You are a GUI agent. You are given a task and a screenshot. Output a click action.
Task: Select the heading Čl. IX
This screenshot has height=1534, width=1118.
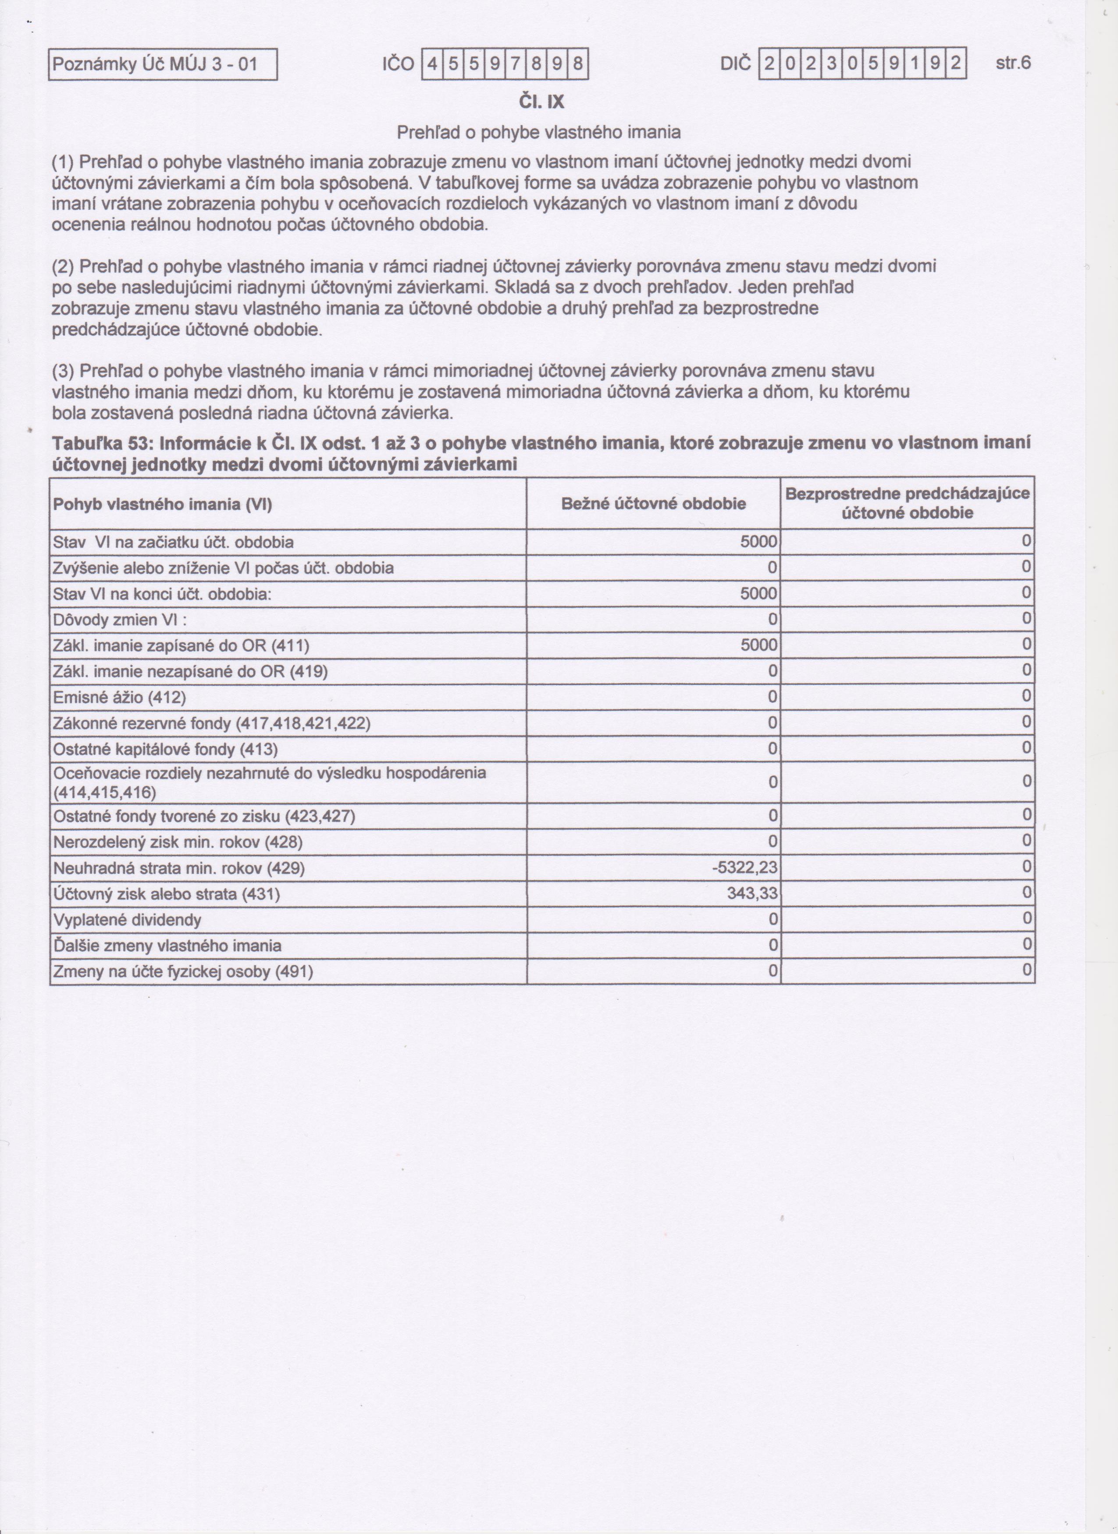click(541, 102)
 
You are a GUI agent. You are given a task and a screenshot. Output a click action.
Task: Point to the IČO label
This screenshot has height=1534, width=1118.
click(398, 65)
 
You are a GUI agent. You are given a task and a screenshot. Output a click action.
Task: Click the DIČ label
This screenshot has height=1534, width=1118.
click(736, 65)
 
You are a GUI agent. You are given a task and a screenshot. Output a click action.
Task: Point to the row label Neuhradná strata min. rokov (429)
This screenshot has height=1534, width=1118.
click(179, 868)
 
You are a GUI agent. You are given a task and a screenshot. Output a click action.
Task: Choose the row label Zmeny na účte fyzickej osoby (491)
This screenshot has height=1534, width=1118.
click(183, 972)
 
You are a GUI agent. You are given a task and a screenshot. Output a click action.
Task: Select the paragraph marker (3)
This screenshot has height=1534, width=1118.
click(65, 371)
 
